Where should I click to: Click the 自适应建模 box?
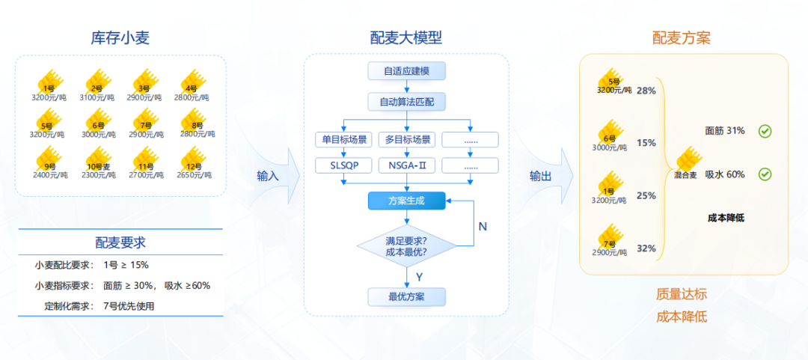point(407,71)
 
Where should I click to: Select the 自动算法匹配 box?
point(407,101)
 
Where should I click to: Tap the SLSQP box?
point(343,165)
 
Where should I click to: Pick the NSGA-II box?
point(407,165)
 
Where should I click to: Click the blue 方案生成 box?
point(407,201)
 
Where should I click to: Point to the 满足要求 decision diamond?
point(407,247)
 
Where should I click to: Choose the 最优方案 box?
point(407,296)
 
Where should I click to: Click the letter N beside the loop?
point(483,226)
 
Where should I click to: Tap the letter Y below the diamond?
point(419,276)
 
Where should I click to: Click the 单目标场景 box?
point(343,139)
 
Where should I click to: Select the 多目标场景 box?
point(407,139)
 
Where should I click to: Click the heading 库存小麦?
point(120,37)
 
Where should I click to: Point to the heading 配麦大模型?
point(407,37)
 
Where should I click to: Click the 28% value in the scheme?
point(646,91)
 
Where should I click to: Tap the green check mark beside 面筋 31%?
point(765,131)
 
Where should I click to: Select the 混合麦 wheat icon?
point(687,162)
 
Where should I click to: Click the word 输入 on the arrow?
point(267,176)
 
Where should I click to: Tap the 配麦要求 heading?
point(120,242)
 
